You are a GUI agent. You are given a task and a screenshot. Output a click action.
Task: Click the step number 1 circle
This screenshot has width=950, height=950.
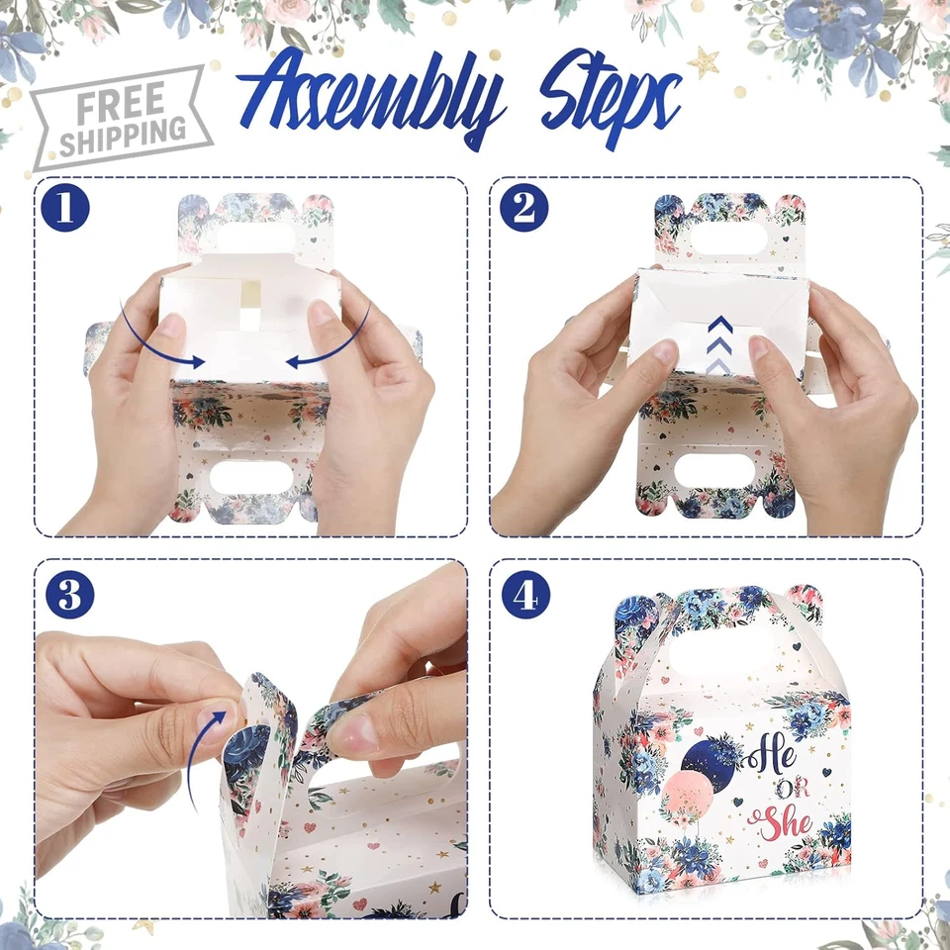66,209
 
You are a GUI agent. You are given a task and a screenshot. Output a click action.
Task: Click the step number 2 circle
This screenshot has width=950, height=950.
524,209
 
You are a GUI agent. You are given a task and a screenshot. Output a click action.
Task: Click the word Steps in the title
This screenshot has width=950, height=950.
609,99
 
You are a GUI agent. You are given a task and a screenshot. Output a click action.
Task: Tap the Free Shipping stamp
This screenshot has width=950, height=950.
121,118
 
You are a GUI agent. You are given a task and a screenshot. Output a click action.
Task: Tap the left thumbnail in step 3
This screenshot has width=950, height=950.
220,719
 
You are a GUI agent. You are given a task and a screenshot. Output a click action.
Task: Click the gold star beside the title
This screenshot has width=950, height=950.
704,62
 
